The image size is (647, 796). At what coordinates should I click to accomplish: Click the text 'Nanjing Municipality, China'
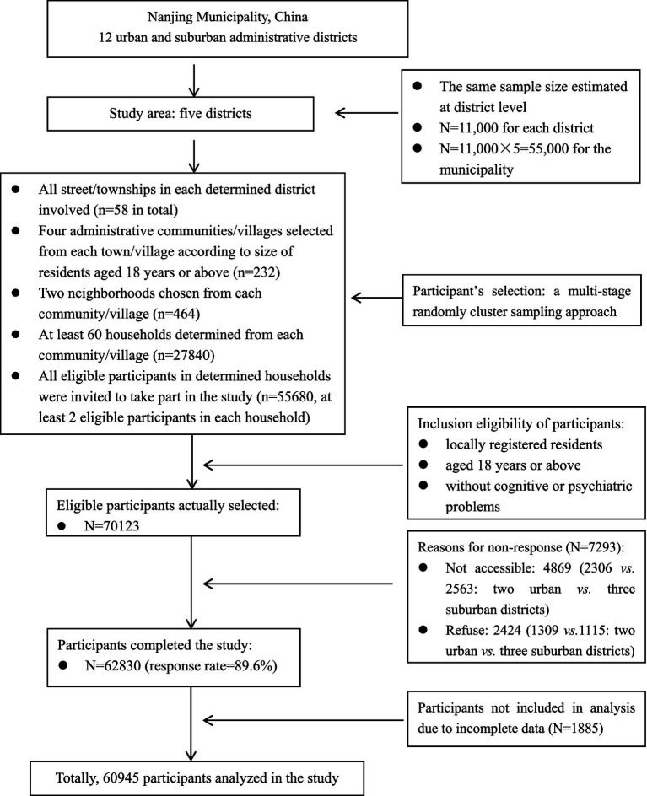(228, 17)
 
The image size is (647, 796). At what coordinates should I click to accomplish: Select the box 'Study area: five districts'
(181, 114)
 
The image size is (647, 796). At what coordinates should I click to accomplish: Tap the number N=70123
(111, 526)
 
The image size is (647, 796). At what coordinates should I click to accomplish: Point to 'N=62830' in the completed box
(113, 665)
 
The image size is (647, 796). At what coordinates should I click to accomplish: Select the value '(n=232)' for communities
(256, 272)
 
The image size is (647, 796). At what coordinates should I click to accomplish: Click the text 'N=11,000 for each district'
(516, 128)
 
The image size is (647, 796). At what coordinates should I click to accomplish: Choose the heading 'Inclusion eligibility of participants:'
(521, 424)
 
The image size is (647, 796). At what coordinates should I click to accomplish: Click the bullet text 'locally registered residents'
(524, 444)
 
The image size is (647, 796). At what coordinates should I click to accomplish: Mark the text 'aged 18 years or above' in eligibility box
(513, 465)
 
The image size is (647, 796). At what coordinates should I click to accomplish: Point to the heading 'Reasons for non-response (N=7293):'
(521, 548)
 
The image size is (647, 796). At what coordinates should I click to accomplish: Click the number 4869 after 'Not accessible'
(557, 568)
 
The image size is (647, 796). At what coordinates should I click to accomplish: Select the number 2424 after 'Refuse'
(507, 631)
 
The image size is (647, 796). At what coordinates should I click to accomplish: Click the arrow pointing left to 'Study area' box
(367, 113)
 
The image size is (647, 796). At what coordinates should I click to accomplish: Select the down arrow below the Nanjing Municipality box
(193, 80)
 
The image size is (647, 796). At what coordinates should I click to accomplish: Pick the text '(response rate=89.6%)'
(211, 666)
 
